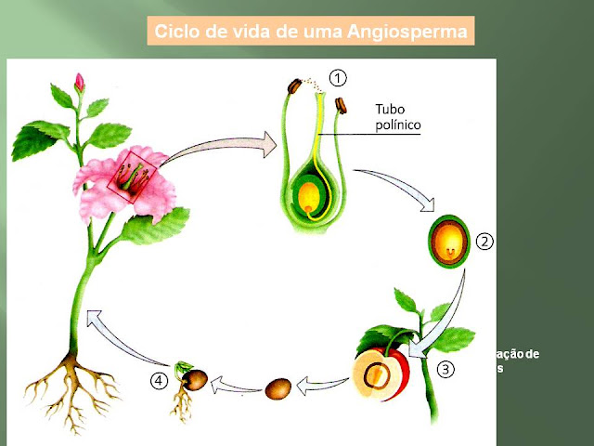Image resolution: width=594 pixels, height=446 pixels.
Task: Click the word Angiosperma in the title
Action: tap(408, 33)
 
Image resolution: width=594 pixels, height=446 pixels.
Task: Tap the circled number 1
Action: tap(339, 78)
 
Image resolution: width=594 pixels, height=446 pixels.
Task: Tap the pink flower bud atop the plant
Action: tap(79, 83)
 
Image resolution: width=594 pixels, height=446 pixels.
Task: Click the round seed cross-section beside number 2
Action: tap(449, 243)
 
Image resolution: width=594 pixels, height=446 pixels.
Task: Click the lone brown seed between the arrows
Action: tap(278, 387)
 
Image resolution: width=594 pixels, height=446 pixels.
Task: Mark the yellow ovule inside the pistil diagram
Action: tap(307, 195)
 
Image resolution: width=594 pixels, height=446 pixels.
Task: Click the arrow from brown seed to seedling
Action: tap(232, 382)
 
